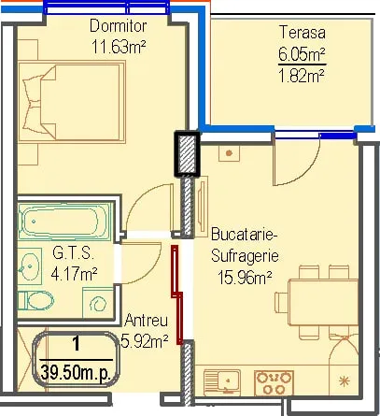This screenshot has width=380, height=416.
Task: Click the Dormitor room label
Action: [x=118, y=26]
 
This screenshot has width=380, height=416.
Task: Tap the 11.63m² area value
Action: [x=119, y=47]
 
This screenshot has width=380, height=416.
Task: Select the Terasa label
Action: [x=303, y=33]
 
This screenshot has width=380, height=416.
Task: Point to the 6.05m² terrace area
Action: [x=302, y=54]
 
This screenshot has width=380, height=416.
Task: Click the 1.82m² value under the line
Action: [x=302, y=76]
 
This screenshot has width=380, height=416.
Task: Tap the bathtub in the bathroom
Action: [x=64, y=222]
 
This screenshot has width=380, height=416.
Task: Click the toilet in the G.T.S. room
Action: [x=35, y=300]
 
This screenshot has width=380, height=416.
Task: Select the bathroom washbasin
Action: [x=30, y=266]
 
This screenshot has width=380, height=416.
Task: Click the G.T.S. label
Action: [x=73, y=253]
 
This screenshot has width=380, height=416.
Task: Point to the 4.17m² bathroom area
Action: [x=74, y=274]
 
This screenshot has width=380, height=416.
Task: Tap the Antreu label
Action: [x=146, y=321]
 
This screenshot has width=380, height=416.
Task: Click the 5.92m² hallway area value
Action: [x=145, y=342]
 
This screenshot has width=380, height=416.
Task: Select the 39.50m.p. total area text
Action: [x=76, y=372]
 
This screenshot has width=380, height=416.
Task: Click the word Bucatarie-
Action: [x=245, y=235]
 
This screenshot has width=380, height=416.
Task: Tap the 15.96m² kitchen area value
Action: [x=245, y=278]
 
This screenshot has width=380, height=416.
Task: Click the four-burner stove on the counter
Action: [x=274, y=382]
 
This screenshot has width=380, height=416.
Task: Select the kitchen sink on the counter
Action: [x=222, y=382]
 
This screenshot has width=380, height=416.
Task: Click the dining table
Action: [x=323, y=302]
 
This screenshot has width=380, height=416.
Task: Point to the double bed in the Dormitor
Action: [x=72, y=102]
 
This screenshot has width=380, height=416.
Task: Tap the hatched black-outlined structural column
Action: [x=187, y=154]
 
